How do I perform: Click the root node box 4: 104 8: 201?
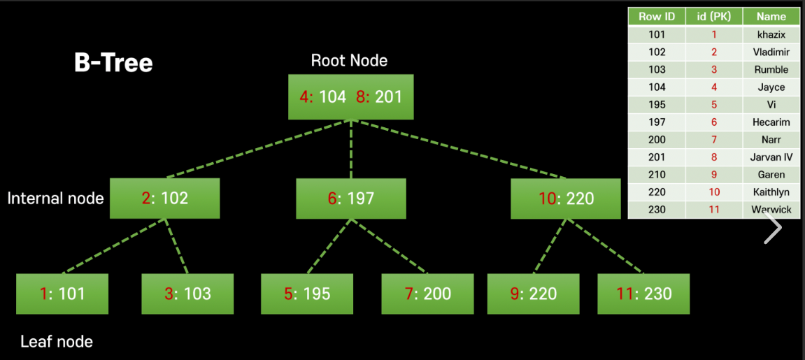[351, 96]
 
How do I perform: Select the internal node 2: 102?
[165, 199]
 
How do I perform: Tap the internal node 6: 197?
[351, 199]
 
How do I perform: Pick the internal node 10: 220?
[566, 199]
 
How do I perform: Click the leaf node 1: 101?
[62, 293]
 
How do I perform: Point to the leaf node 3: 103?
[187, 293]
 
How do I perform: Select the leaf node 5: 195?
[307, 293]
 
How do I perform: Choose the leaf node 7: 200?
[427, 293]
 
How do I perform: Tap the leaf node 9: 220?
[533, 293]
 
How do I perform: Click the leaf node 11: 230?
[643, 293]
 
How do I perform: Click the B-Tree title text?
[113, 63]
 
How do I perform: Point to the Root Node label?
[349, 60]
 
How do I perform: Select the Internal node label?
[55, 199]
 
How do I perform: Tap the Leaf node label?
[57, 342]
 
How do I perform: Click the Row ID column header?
[657, 17]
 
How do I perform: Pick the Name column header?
[771, 17]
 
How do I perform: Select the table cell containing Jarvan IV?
[771, 157]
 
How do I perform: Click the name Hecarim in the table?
[771, 122]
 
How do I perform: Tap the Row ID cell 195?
[657, 105]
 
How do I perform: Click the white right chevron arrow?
[773, 228]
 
